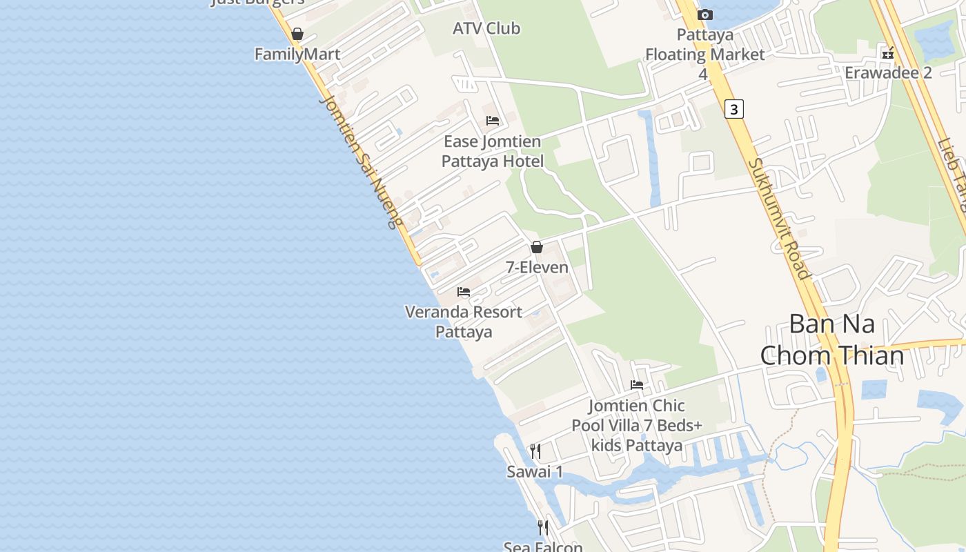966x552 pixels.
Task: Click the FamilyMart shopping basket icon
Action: (x=297, y=33)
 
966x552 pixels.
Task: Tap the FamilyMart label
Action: (x=297, y=54)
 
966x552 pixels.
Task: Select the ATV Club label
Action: (x=486, y=28)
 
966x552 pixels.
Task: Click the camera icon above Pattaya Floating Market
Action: (x=704, y=14)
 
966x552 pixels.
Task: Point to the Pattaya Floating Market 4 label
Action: (x=704, y=54)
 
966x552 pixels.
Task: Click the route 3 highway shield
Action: (x=734, y=109)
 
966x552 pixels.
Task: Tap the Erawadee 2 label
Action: (x=888, y=72)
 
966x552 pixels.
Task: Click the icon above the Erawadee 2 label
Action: (x=888, y=52)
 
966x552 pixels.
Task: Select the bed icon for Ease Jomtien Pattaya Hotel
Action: (x=493, y=121)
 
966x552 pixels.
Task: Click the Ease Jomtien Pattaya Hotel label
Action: (x=493, y=151)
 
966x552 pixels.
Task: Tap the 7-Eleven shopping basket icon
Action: (x=537, y=247)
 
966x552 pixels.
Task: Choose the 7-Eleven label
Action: (x=537, y=267)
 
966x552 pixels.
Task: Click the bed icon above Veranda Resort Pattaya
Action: (x=464, y=292)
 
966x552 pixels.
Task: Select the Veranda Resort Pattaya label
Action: (x=464, y=322)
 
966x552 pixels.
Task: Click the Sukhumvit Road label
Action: (x=778, y=219)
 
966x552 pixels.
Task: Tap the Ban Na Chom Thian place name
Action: (x=831, y=339)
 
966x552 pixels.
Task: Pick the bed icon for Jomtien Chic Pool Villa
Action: (x=637, y=384)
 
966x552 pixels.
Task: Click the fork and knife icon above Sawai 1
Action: (x=535, y=451)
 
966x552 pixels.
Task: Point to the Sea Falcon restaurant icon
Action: (x=543, y=528)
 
